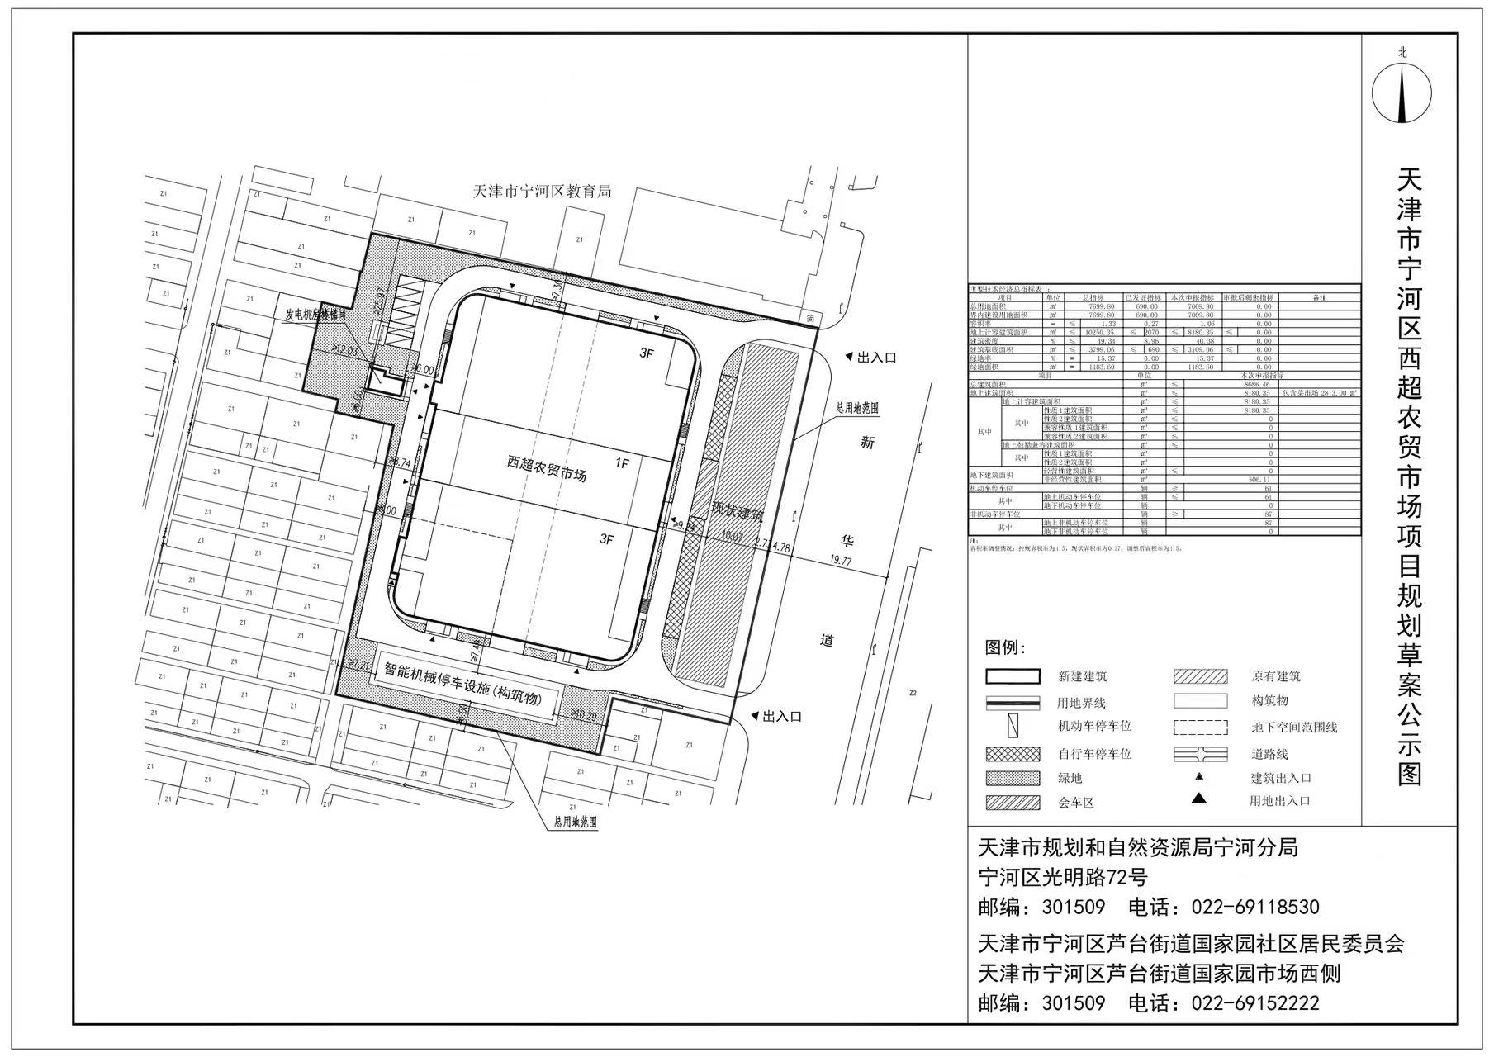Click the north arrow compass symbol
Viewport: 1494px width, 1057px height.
[1402, 92]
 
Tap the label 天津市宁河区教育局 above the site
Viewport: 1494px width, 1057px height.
[542, 192]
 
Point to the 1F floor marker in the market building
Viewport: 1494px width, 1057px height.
[622, 464]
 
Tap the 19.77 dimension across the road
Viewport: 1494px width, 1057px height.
[840, 562]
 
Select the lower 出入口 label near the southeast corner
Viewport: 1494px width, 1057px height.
[781, 717]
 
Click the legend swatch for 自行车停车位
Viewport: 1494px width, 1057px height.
[1012, 754]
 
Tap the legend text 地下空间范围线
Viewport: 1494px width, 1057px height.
[1293, 728]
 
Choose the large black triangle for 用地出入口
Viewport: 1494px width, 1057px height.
[1198, 799]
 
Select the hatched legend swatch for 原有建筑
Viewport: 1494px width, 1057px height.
[1199, 677]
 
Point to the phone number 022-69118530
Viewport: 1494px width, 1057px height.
[1254, 908]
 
